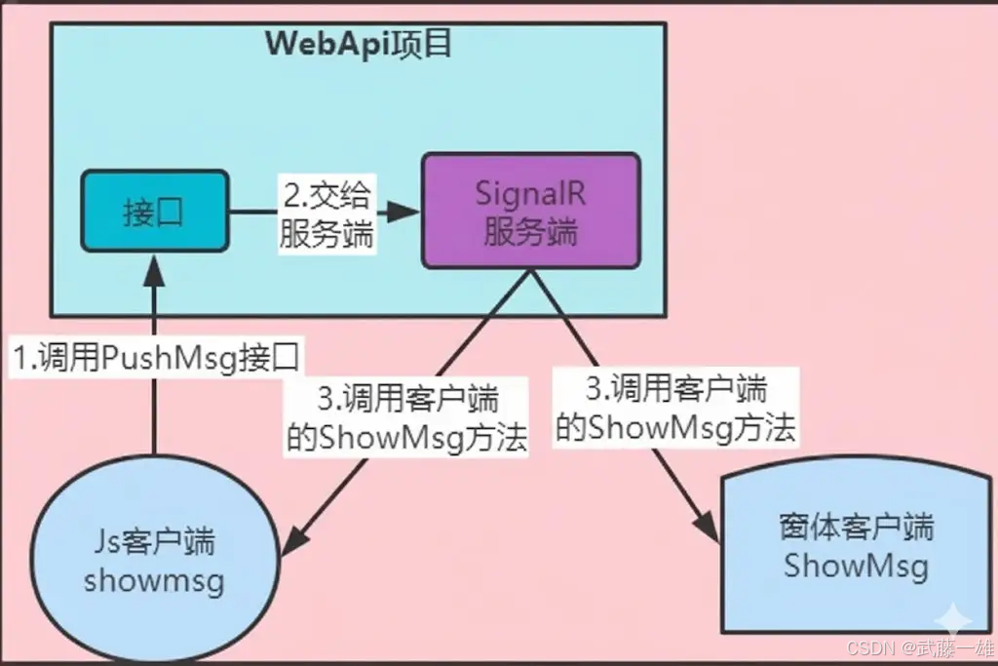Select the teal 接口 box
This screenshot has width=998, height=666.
154,212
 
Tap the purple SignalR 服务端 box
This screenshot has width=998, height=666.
531,211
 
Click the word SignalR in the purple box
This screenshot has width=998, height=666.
531,192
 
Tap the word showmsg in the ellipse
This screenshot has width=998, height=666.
154,581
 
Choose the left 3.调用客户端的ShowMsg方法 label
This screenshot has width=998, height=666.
407,418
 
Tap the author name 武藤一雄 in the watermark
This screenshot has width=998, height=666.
954,648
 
